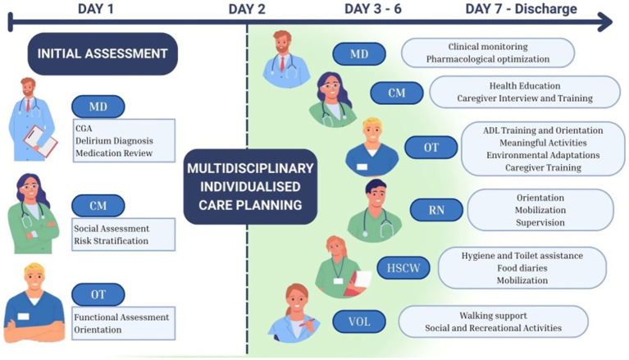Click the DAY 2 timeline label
coord(247,9)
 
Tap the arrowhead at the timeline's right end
coord(605,21)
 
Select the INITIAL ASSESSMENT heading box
coord(103,54)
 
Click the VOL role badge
coord(359,322)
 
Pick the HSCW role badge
coord(403,267)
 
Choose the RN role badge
coord(436,210)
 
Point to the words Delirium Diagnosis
coord(114,141)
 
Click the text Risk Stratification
coord(111,241)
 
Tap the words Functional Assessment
coord(121,317)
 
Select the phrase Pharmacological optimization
coord(488,59)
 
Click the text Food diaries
coord(522,268)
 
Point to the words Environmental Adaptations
coord(543,155)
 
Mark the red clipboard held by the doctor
coord(40,141)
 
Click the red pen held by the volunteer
coord(308,322)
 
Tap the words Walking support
coord(493,316)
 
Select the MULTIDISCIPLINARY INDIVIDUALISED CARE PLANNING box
coord(250,187)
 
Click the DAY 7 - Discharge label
coord(521,9)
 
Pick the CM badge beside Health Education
coord(397,93)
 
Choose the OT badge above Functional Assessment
coord(98,294)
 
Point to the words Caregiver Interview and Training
coord(525,98)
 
